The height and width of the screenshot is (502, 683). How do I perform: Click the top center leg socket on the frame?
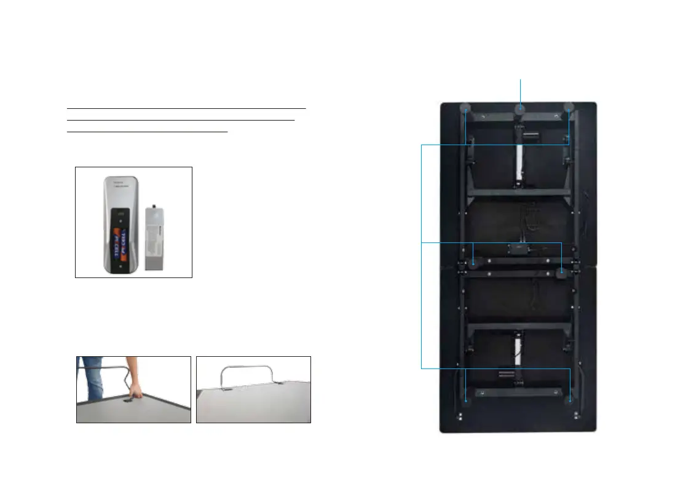coord(521,108)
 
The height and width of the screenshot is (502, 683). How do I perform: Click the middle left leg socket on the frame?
coord(473,263)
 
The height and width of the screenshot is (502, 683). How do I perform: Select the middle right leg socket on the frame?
coord(563,271)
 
